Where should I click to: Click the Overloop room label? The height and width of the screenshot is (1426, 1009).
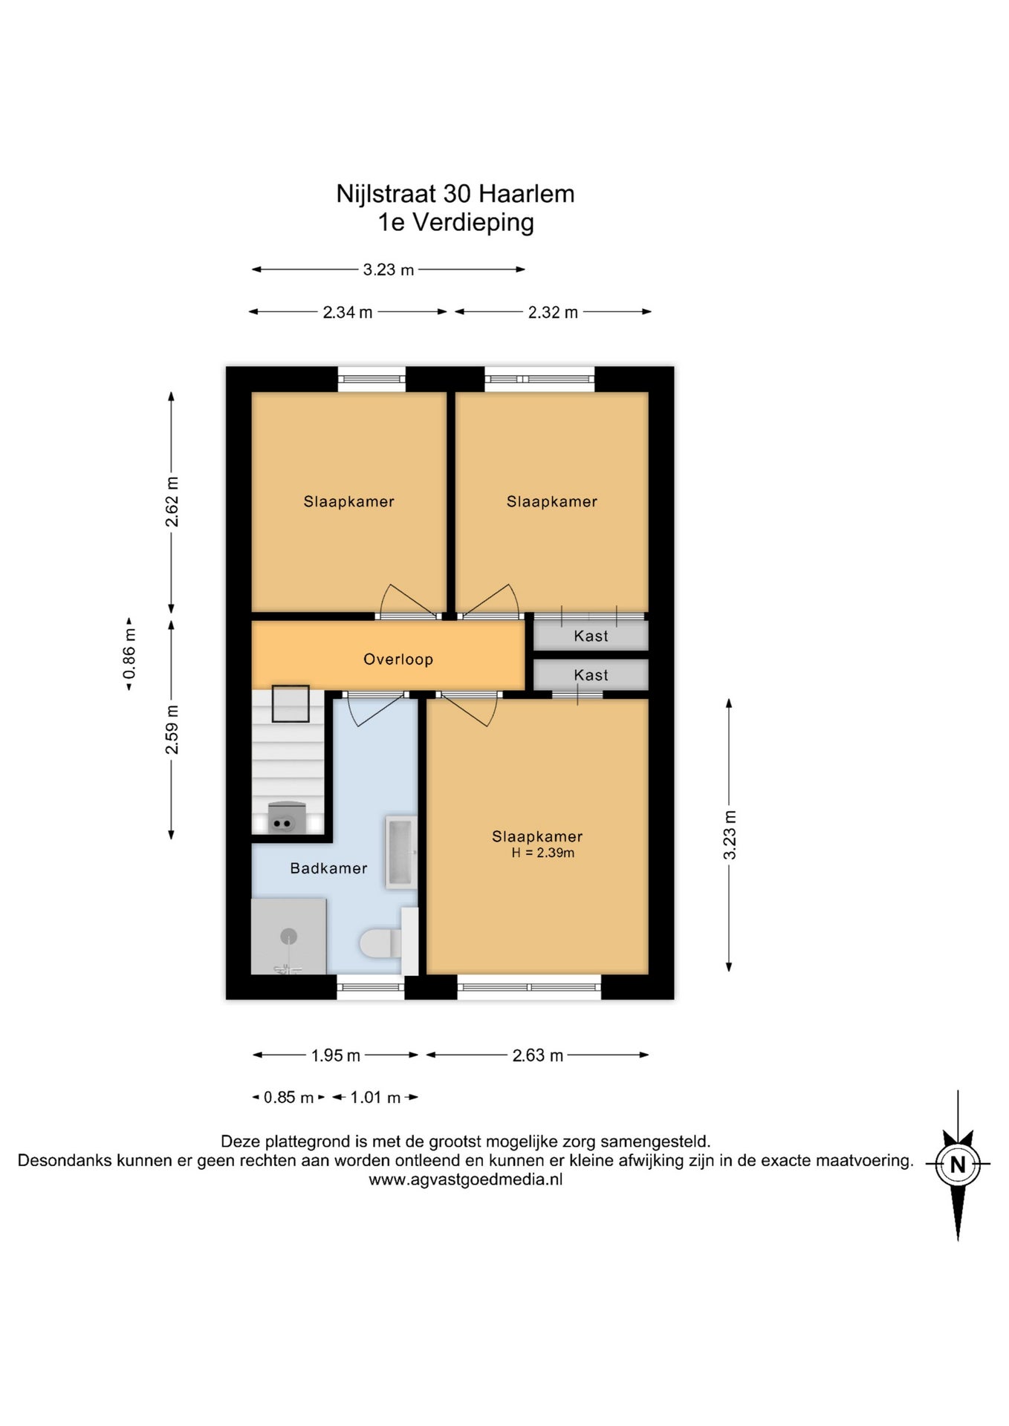click(x=398, y=659)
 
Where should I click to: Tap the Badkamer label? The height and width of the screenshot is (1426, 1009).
click(x=328, y=868)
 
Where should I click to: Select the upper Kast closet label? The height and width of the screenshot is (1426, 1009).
click(x=591, y=636)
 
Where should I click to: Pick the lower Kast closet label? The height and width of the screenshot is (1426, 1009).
click(x=591, y=675)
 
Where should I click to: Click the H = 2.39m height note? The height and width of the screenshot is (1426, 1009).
click(x=542, y=853)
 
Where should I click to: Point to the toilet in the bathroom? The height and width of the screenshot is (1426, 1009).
click(x=381, y=943)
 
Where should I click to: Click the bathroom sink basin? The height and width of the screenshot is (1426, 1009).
click(x=400, y=852)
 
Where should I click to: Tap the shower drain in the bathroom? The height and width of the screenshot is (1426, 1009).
click(x=289, y=937)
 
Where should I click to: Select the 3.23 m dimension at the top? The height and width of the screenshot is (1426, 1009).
click(x=388, y=270)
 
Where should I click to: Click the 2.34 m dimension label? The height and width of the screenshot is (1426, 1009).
click(x=348, y=312)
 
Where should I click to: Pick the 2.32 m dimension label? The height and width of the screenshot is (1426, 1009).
click(x=553, y=312)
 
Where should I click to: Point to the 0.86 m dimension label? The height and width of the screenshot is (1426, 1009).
click(x=129, y=654)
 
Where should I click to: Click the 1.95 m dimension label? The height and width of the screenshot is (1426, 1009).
click(x=336, y=1055)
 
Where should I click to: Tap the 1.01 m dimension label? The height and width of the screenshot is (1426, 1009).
click(x=375, y=1097)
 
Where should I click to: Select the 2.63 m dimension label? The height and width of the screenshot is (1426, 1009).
click(x=538, y=1055)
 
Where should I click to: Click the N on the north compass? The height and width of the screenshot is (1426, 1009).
click(x=958, y=1165)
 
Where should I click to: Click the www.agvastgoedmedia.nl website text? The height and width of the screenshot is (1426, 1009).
click(x=466, y=1179)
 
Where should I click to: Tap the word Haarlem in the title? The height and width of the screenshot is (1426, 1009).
click(x=526, y=194)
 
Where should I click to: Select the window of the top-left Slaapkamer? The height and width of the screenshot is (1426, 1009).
click(x=372, y=379)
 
